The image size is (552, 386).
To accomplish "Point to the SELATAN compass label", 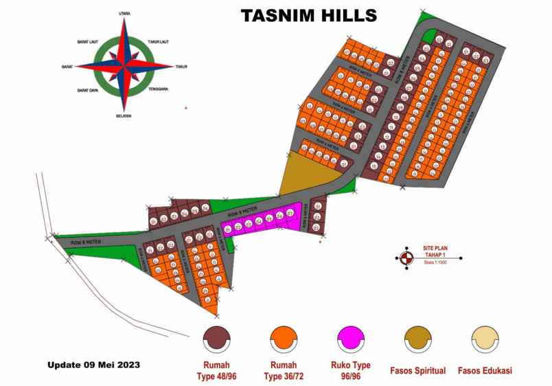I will tap(124, 116).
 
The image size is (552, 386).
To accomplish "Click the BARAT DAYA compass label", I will tap(87, 90).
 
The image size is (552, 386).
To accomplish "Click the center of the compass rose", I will tap(124, 66).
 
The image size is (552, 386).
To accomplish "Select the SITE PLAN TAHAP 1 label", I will tap(437, 252).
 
